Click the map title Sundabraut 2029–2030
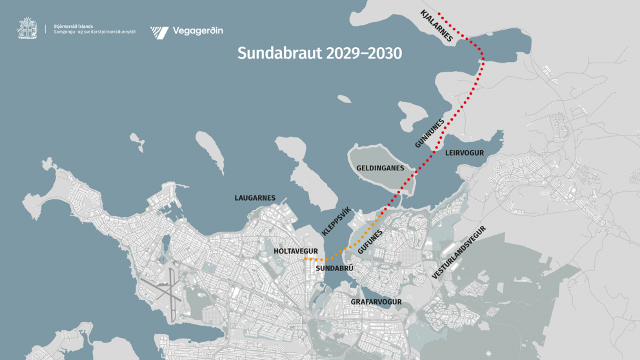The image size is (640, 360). tap(319, 53)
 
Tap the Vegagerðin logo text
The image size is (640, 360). tap(197, 30)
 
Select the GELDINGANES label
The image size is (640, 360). tap(380, 168)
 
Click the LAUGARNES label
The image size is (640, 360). tap(255, 198)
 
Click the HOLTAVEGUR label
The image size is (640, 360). tap(296, 250)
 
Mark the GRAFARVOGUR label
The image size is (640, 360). tap(376, 301)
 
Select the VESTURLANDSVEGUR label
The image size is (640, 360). tap(459, 253)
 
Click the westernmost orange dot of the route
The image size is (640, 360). tap(306, 259)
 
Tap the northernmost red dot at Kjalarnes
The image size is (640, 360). tap(439, 13)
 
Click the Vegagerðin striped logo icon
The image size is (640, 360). tap(159, 31)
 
